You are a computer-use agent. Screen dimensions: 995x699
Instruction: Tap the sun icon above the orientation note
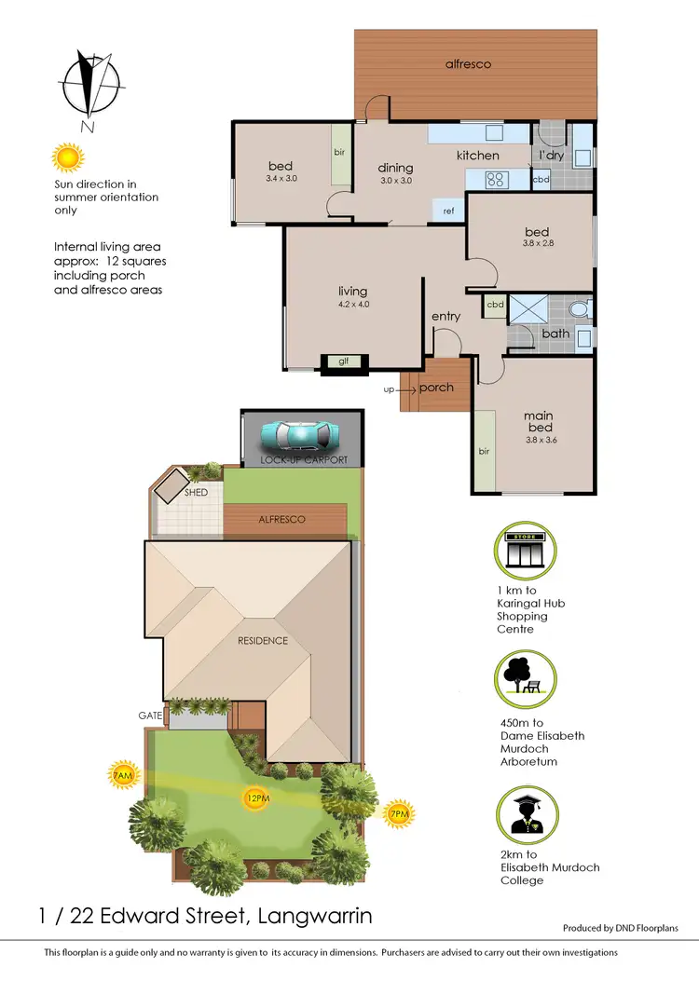pos(67,157)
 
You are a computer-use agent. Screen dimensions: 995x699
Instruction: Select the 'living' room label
pos(353,292)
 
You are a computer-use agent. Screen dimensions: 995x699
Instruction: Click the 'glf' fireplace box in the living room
pos(343,362)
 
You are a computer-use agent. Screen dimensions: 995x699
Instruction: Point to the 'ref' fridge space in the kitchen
pos(448,211)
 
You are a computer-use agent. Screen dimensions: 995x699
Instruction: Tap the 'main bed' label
pos(538,421)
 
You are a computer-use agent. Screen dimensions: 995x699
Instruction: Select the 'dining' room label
pos(395,169)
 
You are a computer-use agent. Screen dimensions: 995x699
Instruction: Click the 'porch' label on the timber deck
pos(437,388)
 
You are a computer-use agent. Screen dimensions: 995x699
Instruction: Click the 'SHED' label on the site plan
pos(196,492)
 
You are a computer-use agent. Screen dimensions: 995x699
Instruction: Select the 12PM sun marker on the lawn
pos(254,798)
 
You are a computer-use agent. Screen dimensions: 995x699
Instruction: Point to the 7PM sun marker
pos(398,813)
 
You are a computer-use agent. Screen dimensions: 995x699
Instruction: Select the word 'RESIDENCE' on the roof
pos(262,641)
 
